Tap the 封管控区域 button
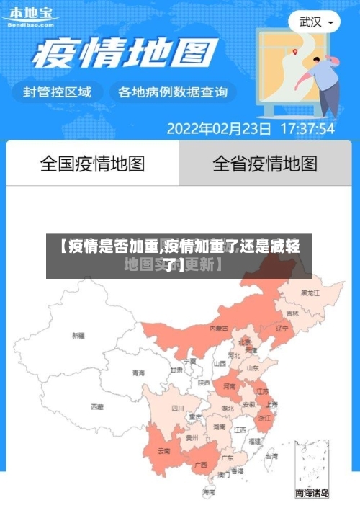click(58, 92)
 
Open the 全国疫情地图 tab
click(92, 164)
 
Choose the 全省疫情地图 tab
click(265, 164)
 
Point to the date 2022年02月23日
click(219, 130)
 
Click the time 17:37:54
click(307, 130)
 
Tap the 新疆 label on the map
click(78, 335)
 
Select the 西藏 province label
click(97, 407)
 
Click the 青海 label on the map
click(138, 373)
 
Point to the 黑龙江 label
click(311, 293)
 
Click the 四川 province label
click(178, 408)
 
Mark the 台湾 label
click(271, 456)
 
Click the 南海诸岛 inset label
click(312, 494)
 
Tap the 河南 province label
click(229, 386)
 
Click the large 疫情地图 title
click(122, 54)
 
